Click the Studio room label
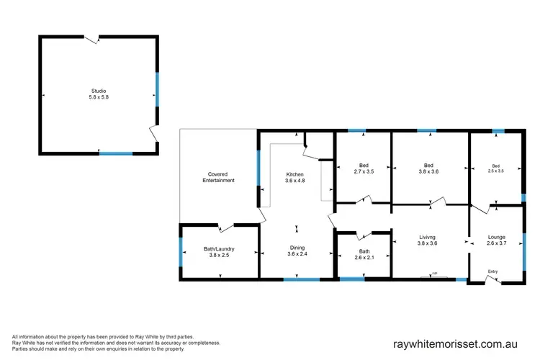pyautogui.click(x=98, y=91)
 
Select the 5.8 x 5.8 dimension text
pyautogui.click(x=98, y=97)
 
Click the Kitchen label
pyautogui.click(x=295, y=174)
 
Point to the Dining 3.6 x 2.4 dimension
pyautogui.click(x=296, y=254)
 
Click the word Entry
pyautogui.click(x=492, y=271)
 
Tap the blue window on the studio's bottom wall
pyautogui.click(x=116, y=153)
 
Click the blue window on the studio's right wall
pyautogui.click(x=156, y=90)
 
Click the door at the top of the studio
pyautogui.click(x=91, y=38)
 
